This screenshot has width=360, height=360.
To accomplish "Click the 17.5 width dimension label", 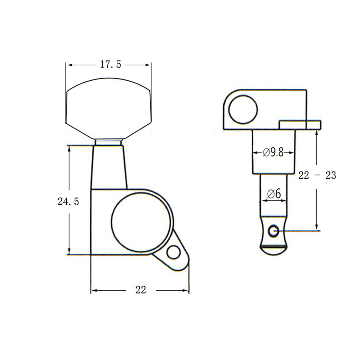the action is click(x=110, y=65).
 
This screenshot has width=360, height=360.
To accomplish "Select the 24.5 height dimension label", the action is click(x=68, y=201).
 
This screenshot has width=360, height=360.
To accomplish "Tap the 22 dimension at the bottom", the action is click(x=141, y=290).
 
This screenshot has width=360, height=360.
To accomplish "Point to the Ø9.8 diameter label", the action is click(x=273, y=152).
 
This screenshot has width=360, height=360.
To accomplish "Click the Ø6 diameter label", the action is click(x=274, y=194).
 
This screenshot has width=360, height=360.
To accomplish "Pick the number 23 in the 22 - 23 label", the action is click(x=331, y=175).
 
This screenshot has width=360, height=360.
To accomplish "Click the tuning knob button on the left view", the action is click(x=108, y=108).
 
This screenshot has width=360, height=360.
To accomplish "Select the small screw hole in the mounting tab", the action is click(x=173, y=252).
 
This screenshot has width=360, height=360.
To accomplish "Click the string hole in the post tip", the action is click(x=274, y=231).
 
